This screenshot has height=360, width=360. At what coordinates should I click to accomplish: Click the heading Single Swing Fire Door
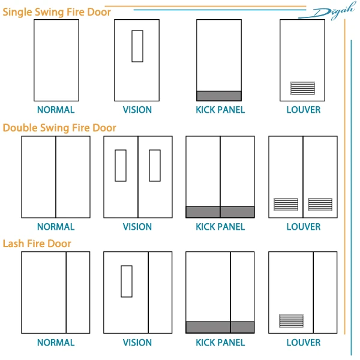[57, 11]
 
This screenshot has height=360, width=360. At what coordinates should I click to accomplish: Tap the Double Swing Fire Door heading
[59, 128]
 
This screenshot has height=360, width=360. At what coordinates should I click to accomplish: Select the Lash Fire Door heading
[37, 244]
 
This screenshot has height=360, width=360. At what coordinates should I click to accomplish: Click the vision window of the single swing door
[137, 46]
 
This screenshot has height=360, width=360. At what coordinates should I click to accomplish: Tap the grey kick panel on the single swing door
[219, 96]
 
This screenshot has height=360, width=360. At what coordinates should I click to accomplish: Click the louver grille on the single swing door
[302, 88]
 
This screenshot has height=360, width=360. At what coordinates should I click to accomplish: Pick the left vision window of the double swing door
[121, 165]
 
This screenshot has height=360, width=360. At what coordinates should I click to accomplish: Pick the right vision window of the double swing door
[155, 165]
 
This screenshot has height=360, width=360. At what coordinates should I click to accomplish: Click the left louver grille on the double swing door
[286, 205]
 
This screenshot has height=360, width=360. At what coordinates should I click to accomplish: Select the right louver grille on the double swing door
[320, 205]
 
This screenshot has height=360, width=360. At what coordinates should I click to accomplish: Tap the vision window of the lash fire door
[126, 281]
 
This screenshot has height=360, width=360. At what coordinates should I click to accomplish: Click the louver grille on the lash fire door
[291, 321]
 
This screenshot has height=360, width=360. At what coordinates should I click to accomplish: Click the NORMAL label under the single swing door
[56, 110]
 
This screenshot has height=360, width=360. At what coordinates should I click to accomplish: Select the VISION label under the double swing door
[137, 227]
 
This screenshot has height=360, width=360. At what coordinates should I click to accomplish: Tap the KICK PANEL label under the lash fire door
[220, 343]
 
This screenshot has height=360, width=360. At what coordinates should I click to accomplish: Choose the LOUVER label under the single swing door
[304, 110]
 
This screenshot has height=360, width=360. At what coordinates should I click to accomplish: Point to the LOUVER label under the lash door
[304, 343]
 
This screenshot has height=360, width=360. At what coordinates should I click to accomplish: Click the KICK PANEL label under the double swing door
[220, 227]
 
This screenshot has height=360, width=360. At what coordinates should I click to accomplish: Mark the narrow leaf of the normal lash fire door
[78, 292]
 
